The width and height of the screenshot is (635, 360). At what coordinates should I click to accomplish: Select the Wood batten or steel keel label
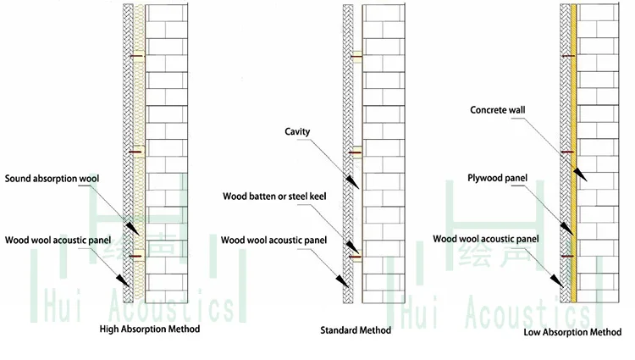[x=274, y=197]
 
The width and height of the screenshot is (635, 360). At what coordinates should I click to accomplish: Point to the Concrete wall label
[x=501, y=110]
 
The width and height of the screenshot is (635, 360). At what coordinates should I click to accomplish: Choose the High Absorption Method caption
[x=149, y=329]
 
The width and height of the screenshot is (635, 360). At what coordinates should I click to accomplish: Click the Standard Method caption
[x=356, y=330]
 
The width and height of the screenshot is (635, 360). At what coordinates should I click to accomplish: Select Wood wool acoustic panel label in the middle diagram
[x=274, y=240]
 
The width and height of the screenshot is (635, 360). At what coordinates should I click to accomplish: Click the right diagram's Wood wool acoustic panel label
[x=486, y=239]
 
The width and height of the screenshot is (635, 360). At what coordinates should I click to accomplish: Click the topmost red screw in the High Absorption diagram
[x=136, y=58]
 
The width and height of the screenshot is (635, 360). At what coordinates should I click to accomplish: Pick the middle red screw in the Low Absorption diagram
[x=566, y=153]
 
